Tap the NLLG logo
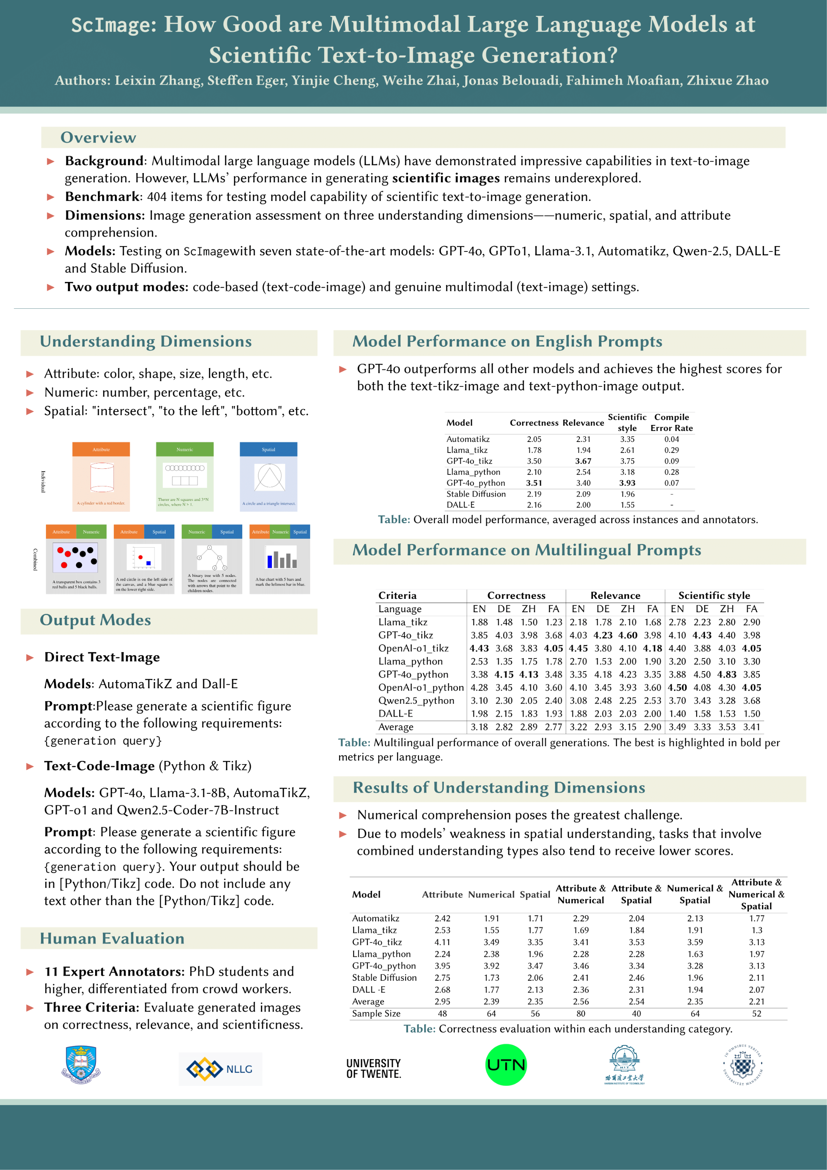pos(220,1068)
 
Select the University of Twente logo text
pos(374,1068)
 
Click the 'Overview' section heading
pos(98,138)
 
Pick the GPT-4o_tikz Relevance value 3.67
pos(583,461)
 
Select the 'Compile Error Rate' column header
pos(671,422)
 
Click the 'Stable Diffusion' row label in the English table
pos(476,494)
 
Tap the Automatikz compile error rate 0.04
pos(671,439)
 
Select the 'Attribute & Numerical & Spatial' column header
pos(756,894)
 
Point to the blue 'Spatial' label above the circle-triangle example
pos(268,449)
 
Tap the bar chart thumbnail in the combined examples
pos(280,559)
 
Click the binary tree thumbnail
pos(212,559)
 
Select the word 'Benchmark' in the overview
pos(102,197)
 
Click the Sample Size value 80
pos(581,1014)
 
